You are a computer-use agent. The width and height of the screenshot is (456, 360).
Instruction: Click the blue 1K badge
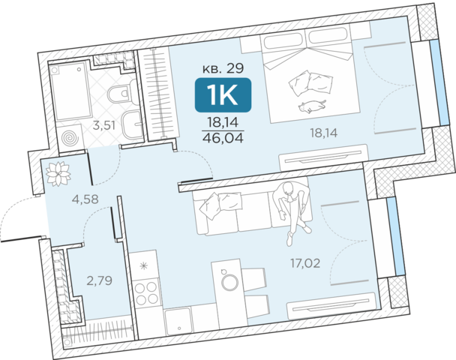pos(223,94)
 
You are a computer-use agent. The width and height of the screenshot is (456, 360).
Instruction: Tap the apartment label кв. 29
pos(223,68)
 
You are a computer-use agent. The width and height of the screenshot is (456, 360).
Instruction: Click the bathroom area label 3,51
pos(104,125)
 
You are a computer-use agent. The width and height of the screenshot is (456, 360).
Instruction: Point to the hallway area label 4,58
pos(85,199)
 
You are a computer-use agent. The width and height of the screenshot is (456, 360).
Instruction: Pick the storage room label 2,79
pos(100,281)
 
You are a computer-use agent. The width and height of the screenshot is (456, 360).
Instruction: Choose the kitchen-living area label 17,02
pos(305,263)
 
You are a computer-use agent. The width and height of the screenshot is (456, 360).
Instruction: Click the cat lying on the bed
pos(312,106)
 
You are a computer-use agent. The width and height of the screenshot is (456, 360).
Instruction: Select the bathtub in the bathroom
pos(70,91)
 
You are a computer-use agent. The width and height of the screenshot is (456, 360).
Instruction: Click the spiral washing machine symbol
pos(70,138)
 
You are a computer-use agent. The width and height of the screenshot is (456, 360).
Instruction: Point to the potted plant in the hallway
pos(58,173)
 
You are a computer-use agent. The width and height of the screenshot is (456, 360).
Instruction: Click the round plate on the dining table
pos(229,282)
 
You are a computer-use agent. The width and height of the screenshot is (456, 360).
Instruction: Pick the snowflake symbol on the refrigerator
pos(143,265)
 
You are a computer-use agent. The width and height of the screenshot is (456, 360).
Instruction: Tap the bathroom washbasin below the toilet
pos(133,124)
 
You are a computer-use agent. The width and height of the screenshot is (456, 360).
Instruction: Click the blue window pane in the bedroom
pos(439,82)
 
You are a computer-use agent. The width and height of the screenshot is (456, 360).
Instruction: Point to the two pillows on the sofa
pos(220,205)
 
